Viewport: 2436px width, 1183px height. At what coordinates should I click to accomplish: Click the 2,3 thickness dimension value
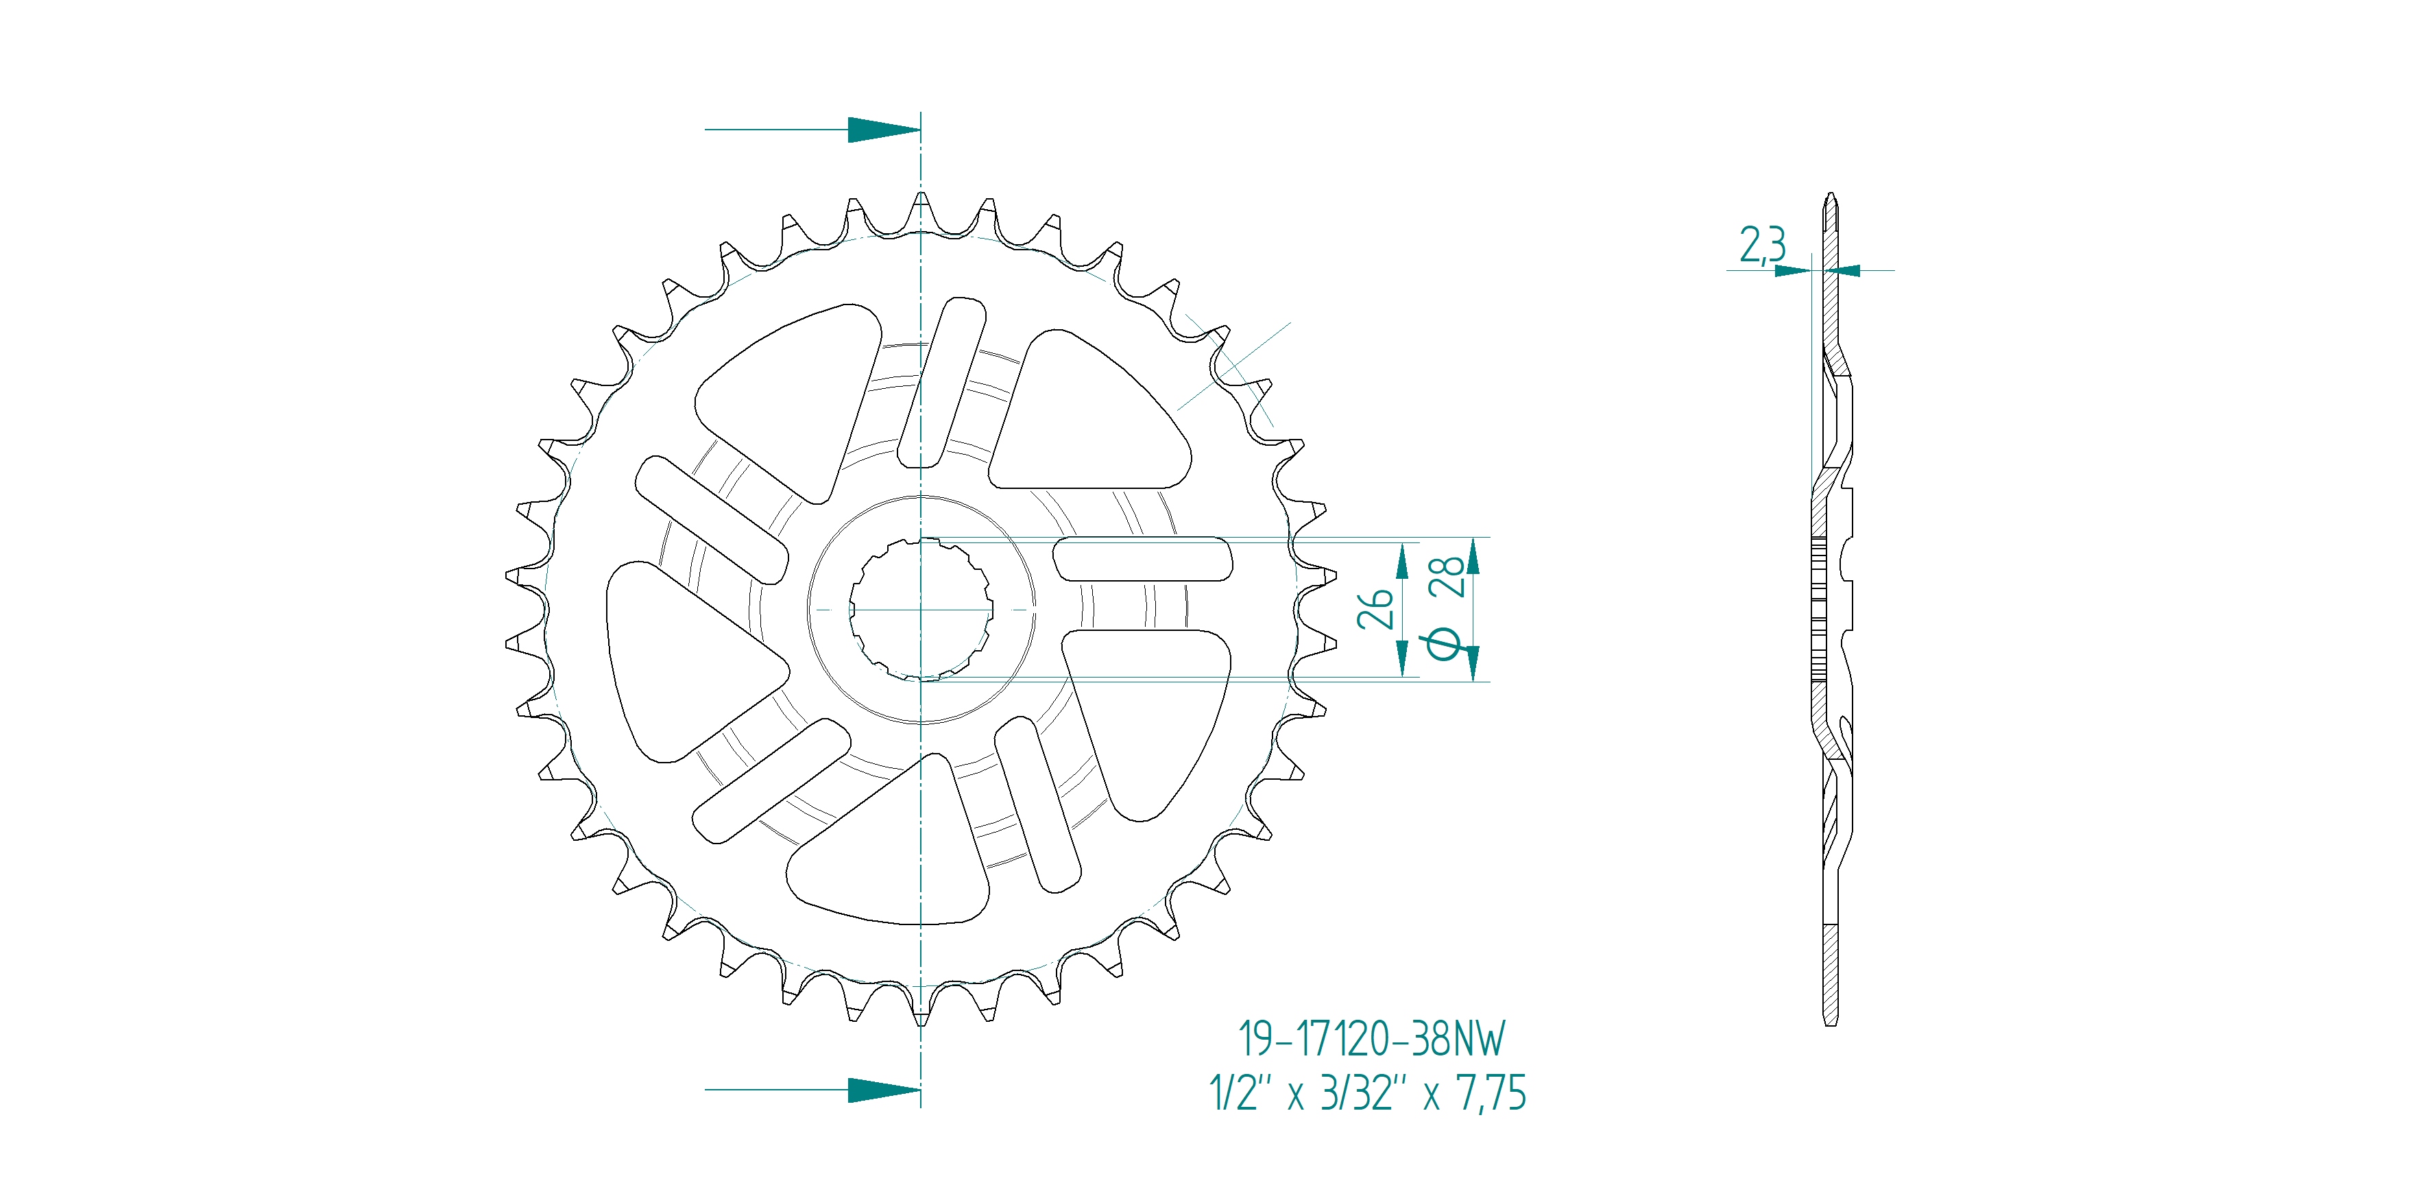pyautogui.click(x=1762, y=244)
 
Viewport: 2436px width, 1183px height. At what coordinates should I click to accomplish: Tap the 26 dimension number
pyautogui.click(x=1375, y=610)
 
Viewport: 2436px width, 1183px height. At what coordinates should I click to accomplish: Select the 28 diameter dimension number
pyautogui.click(x=1447, y=576)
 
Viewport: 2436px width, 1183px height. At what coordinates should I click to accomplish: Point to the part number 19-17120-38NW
pyautogui.click(x=1371, y=1038)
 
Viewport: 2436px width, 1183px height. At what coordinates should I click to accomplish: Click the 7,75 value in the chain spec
pyautogui.click(x=1491, y=1093)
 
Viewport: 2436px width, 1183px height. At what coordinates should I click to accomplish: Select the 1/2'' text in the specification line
pyautogui.click(x=1234, y=1093)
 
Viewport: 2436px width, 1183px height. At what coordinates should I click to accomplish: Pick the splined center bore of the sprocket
pyautogui.click(x=921, y=610)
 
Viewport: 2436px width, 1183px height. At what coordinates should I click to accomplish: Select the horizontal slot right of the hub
pyautogui.click(x=1142, y=559)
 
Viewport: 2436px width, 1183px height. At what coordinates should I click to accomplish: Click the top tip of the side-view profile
pyautogui.click(x=1831, y=197)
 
